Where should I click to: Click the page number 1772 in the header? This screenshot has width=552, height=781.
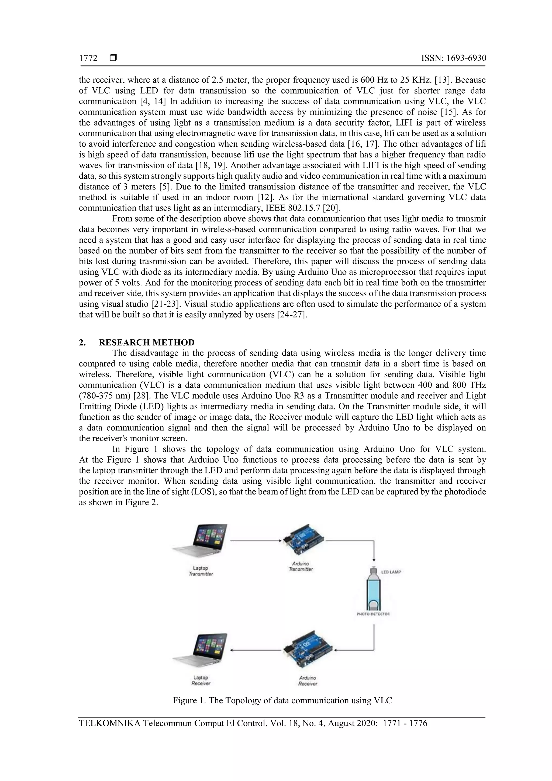88,58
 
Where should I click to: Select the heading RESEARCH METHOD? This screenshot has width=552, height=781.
147,342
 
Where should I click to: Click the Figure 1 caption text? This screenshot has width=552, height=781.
282,700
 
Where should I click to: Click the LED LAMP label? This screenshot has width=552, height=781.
391,572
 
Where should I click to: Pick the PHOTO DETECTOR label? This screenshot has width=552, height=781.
373,614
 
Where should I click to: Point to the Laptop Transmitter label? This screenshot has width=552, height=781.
201,571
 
